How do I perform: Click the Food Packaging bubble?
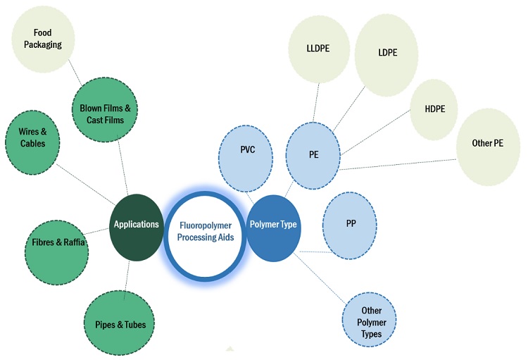click(47, 39)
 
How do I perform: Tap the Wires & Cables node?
click(32, 139)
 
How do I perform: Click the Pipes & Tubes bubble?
click(120, 324)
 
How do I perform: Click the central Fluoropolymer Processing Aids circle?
click(206, 232)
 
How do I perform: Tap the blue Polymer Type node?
click(273, 225)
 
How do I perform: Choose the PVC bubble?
click(246, 150)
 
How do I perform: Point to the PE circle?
click(313, 154)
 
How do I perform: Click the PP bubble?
click(350, 223)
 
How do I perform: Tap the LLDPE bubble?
click(319, 48)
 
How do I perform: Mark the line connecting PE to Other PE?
click(398, 163)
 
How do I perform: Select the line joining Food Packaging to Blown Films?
click(76, 74)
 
